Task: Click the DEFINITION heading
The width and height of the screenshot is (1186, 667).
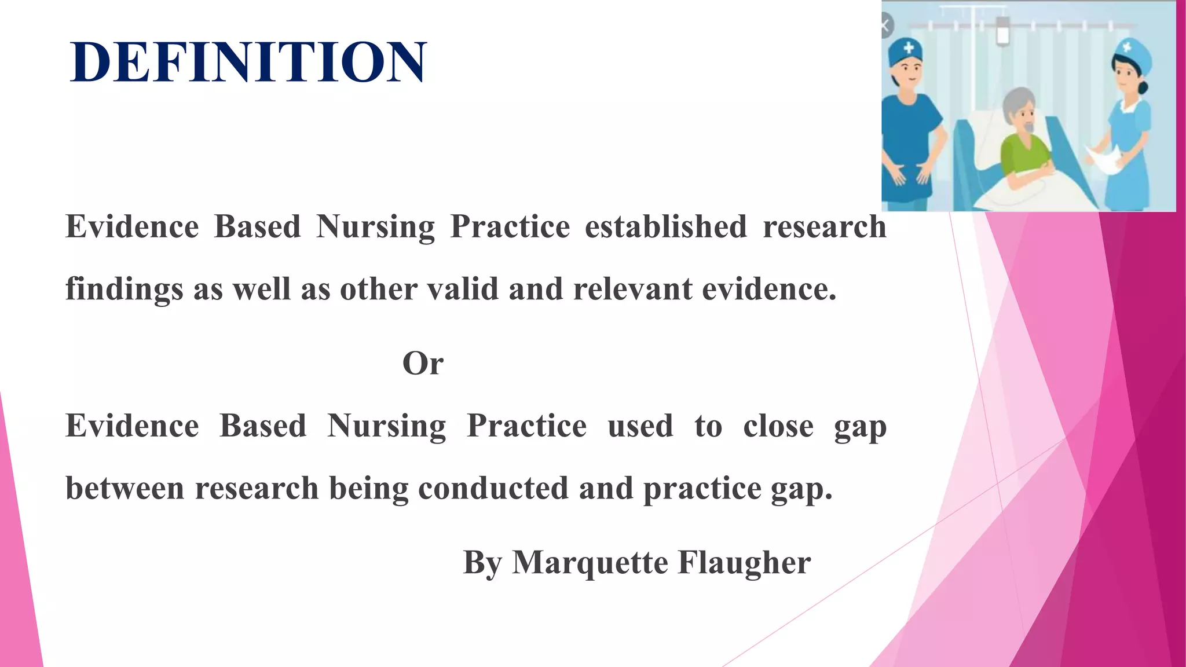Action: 248,63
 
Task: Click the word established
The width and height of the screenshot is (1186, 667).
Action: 665,226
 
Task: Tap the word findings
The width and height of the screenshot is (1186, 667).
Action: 124,289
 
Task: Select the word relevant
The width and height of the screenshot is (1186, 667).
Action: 632,289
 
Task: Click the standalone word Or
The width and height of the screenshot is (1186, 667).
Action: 423,364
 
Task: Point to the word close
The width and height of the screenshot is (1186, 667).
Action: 778,426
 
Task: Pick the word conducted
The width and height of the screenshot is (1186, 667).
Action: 493,488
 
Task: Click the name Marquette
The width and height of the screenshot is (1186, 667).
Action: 590,562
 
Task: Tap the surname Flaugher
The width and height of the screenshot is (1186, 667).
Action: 744,562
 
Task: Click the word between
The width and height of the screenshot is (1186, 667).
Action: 125,488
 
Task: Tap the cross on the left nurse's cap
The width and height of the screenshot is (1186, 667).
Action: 909,48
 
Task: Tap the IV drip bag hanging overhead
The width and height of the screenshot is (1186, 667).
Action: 1002,32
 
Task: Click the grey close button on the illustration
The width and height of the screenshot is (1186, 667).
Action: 885,26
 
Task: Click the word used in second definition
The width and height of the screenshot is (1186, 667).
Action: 640,426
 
